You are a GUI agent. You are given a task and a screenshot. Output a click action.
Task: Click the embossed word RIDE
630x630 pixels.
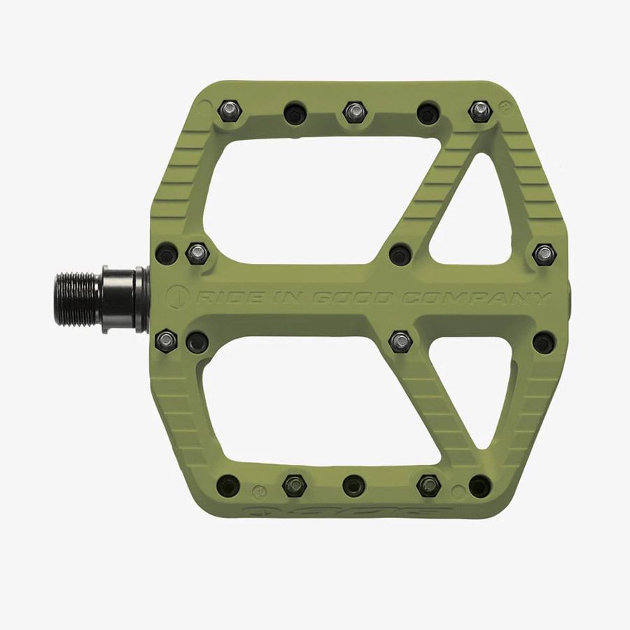point(225,297)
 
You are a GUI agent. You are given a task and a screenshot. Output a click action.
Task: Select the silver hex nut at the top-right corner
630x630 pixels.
point(479,111)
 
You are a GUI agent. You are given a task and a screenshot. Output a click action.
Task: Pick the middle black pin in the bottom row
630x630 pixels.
point(354,484)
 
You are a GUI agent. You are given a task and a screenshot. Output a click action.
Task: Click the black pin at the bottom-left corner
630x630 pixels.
point(228,484)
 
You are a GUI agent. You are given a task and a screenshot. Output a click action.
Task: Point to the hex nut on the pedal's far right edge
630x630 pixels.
point(544,254)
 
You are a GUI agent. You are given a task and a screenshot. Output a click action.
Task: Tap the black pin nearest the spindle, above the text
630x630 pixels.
point(167,253)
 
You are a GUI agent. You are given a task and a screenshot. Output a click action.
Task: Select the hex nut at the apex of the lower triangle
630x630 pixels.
point(400,341)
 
